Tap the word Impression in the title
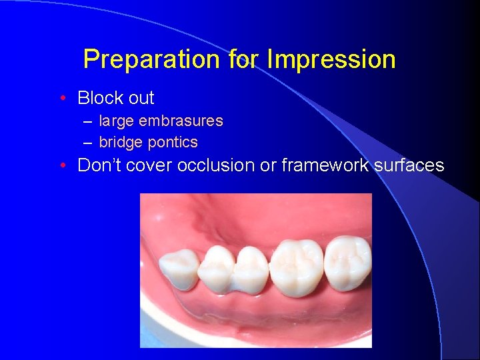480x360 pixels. (331, 60)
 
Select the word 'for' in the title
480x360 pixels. (244, 60)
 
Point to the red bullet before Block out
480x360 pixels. (61, 99)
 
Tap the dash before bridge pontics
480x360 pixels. (88, 143)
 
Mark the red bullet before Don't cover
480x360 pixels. (61, 165)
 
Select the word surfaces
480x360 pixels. (411, 165)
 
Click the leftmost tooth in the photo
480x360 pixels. (179, 269)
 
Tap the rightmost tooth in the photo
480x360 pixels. (348, 263)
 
